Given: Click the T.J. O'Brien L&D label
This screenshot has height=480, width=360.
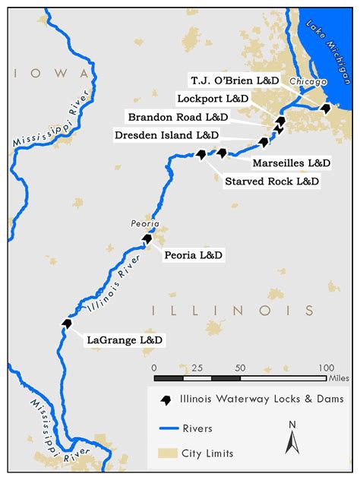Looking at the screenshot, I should click(234, 80).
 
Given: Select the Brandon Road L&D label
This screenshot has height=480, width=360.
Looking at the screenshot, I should click(178, 117).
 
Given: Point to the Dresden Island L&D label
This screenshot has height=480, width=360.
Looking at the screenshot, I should click(166, 134).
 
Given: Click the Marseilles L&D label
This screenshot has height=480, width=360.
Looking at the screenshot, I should click(291, 163).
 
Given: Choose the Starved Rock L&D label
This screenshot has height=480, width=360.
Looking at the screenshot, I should click(272, 182).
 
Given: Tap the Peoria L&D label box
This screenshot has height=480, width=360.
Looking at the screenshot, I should click(194, 256).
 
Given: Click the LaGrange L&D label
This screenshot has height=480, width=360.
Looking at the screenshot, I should click(125, 341).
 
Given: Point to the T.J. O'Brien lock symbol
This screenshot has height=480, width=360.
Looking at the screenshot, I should click(326, 109).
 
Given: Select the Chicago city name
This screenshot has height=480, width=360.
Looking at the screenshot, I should click(308, 81).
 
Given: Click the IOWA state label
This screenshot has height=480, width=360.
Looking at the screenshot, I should click(49, 73).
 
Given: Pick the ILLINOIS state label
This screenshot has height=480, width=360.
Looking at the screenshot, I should click(232, 310).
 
